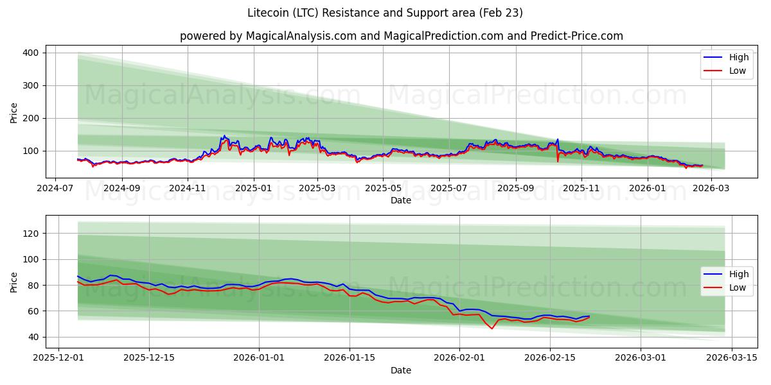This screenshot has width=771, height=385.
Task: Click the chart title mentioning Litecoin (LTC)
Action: click(385, 13)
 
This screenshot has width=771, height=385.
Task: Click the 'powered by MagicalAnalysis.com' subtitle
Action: click(401, 36)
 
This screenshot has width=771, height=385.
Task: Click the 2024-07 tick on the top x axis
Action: click(55, 189)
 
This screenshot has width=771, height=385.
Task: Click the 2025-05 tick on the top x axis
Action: click(383, 189)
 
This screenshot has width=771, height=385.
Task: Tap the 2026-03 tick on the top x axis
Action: click(711, 189)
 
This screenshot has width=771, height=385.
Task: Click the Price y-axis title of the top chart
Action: click(14, 112)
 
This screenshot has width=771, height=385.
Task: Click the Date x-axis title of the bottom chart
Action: click(401, 370)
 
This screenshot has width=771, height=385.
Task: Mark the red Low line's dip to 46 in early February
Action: click(492, 329)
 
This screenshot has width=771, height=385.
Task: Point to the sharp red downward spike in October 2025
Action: click(558, 161)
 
